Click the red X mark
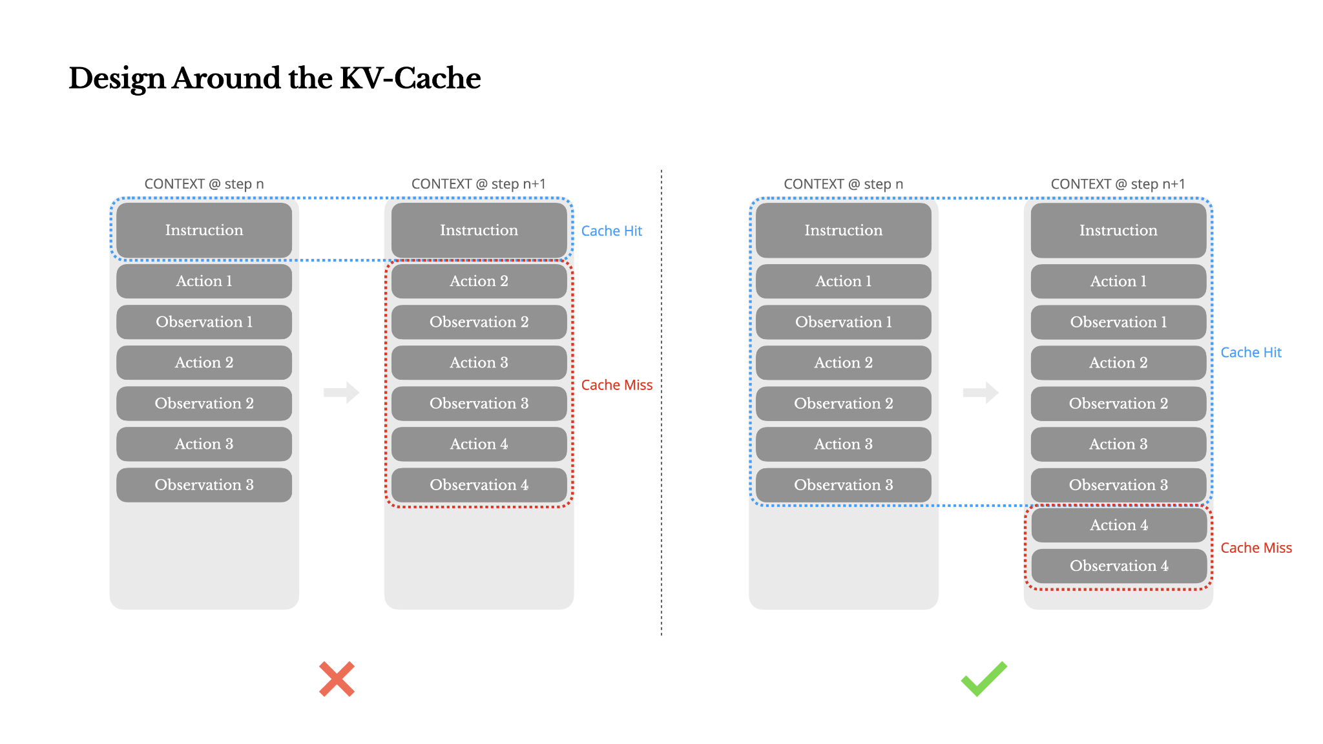337,679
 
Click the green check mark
983,679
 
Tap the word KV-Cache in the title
410,78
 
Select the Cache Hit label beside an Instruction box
611,231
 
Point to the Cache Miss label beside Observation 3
616,385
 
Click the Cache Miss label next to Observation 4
1256,548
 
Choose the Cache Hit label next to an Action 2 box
1251,353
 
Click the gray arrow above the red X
341,392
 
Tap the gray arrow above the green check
981,392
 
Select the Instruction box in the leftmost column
204,231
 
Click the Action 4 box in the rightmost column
1119,525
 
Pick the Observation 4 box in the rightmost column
1119,566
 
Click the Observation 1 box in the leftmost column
204,322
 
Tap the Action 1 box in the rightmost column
1118,281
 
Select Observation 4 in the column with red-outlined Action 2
479,484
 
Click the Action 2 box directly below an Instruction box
479,281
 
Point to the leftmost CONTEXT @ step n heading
204,184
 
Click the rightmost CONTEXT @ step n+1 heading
1118,184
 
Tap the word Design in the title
117,78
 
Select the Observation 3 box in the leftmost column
204,484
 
